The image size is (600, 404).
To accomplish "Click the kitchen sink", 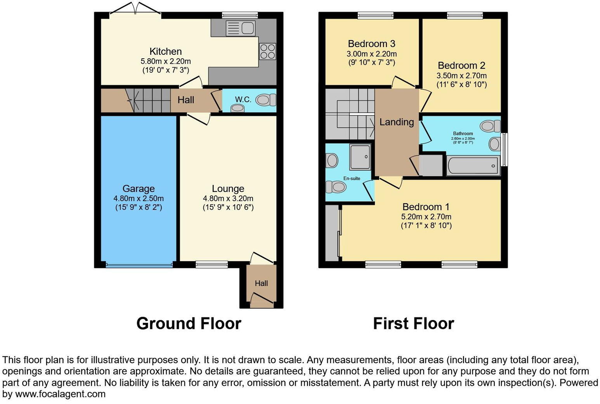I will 241,28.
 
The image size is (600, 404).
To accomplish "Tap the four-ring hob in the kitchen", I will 267,51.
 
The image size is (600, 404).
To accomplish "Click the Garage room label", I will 139,189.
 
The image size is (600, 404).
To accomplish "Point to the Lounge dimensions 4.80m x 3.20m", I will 228,199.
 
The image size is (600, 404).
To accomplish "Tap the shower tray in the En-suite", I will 360,157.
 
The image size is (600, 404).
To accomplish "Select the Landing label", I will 397,122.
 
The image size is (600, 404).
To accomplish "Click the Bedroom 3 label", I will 371,44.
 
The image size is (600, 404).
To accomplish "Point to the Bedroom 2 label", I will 461,66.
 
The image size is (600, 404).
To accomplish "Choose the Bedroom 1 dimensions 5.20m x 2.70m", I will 426,217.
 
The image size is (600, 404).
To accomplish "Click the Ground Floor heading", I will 189,323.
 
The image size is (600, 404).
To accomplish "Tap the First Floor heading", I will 413,323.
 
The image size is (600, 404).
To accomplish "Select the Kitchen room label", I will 166,51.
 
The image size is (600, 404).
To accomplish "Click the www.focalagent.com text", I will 60,394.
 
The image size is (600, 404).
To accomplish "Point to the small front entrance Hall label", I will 261,284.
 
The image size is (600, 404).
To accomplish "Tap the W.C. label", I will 243,99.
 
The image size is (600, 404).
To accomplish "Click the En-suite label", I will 352,178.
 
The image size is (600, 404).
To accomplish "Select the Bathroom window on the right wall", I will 504,150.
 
